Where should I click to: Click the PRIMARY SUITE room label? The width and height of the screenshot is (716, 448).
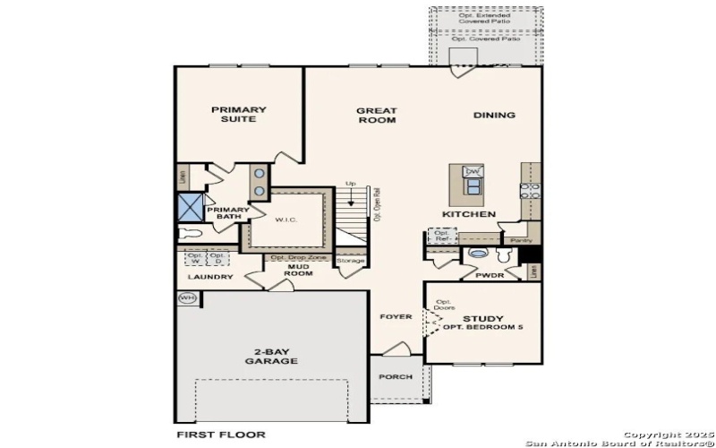click(239, 115)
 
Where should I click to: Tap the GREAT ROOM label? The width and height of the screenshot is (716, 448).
click(377, 116)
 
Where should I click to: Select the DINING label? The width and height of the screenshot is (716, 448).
click(494, 115)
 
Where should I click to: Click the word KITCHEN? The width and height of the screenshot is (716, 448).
click(469, 215)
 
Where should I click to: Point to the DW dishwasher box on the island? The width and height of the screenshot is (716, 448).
click(473, 171)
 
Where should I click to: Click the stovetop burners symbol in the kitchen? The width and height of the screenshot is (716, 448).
click(530, 189)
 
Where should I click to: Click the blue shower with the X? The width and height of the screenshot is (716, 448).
click(190, 207)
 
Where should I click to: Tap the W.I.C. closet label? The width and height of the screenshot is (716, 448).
click(286, 219)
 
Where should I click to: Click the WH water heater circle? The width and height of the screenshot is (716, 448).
click(187, 298)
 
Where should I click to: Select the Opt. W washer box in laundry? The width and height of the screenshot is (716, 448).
click(195, 258)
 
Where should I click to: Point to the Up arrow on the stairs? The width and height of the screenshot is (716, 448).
click(350, 191)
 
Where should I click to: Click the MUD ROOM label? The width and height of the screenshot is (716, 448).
click(299, 269)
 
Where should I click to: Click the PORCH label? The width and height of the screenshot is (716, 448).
click(396, 377)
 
